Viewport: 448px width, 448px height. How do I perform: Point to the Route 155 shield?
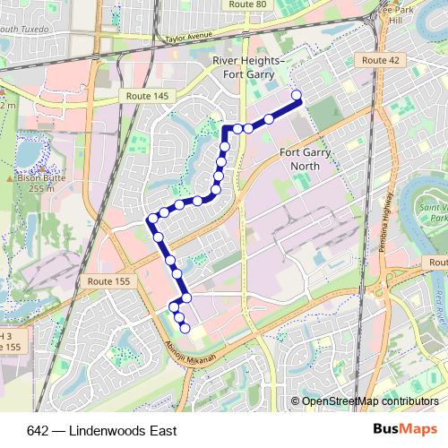click(x=108, y=281)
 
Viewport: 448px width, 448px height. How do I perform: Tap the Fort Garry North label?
click(x=306, y=159)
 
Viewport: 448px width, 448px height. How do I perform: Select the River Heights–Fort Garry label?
click(x=248, y=66)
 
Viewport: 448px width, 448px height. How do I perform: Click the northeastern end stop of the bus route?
click(x=297, y=95)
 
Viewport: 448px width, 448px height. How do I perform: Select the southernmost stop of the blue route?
click(x=185, y=329)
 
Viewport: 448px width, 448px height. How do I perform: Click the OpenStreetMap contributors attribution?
click(x=369, y=402)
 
